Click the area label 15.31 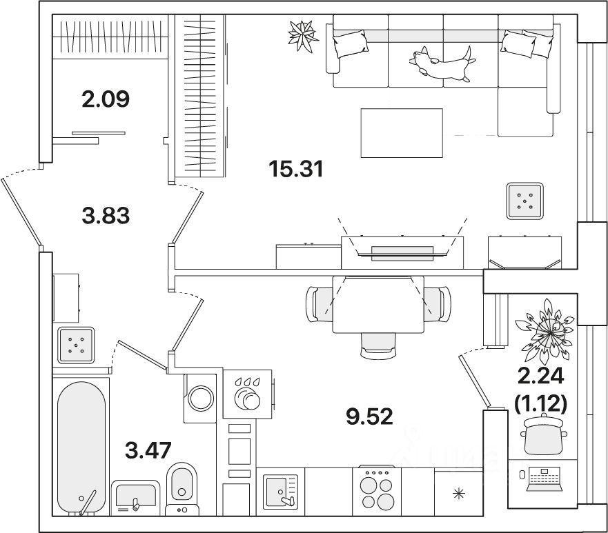pyautogui.click(x=296, y=169)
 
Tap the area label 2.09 pyautogui.click(x=106, y=99)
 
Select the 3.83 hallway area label pyautogui.click(x=106, y=215)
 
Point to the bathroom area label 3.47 pyautogui.click(x=148, y=450)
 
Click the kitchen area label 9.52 pyautogui.click(x=369, y=416)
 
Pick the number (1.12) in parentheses pyautogui.click(x=540, y=403)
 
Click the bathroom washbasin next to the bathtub pyautogui.click(x=136, y=498)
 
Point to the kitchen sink pyautogui.click(x=280, y=491)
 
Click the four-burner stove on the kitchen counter pyautogui.click(x=377, y=491)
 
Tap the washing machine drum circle pyautogui.click(x=200, y=398)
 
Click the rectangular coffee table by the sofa pyautogui.click(x=402, y=133)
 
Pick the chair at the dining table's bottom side pyautogui.click(x=378, y=345)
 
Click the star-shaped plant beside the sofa pyautogui.click(x=303, y=36)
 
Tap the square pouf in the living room pyautogui.click(x=524, y=201)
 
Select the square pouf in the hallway pyautogui.click(x=76, y=345)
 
